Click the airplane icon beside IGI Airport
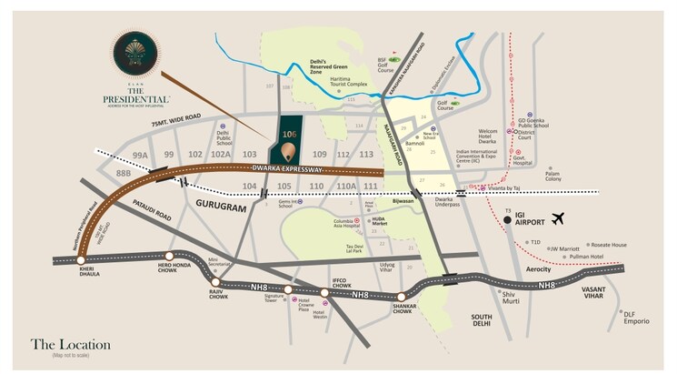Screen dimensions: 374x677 (x=557, y=218)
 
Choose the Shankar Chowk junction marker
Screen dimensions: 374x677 (x=401, y=296)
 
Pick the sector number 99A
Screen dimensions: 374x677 (x=139, y=156)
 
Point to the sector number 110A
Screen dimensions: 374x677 (x=346, y=186)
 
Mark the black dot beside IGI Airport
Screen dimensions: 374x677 (x=507, y=219)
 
